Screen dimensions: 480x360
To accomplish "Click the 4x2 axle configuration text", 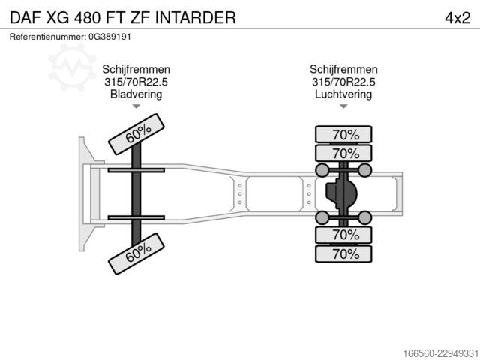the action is coord(457,18).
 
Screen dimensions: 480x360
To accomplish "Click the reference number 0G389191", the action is coord(109,37).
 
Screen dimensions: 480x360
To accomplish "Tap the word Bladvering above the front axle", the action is coord(136,94).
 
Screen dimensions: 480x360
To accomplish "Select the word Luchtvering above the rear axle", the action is coord(343,94).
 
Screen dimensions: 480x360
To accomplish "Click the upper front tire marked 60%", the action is coord(136,134).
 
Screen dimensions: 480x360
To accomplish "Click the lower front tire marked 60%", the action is coord(136,253).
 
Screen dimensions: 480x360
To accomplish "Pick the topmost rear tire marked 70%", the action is coord(343,134).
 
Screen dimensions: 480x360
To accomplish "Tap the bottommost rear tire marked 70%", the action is coord(343,253).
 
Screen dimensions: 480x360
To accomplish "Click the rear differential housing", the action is coord(342,193).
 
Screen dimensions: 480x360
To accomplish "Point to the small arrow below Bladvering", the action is coord(136,106).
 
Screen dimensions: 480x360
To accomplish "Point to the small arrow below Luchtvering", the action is coord(343,106).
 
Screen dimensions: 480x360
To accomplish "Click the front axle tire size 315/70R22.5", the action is coord(136,82).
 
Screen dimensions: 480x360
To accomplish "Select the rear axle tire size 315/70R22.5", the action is coord(343,82).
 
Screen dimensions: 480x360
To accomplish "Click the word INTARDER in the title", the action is coord(195,18).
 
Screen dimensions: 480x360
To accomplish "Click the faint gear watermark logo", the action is coord(72,67).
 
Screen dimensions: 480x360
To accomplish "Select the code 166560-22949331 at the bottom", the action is coord(440,353).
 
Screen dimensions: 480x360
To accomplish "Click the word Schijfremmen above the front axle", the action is coord(136,69).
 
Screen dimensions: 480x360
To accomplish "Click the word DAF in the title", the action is coord(25,18).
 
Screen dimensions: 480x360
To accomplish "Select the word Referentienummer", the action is coord(47,37).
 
